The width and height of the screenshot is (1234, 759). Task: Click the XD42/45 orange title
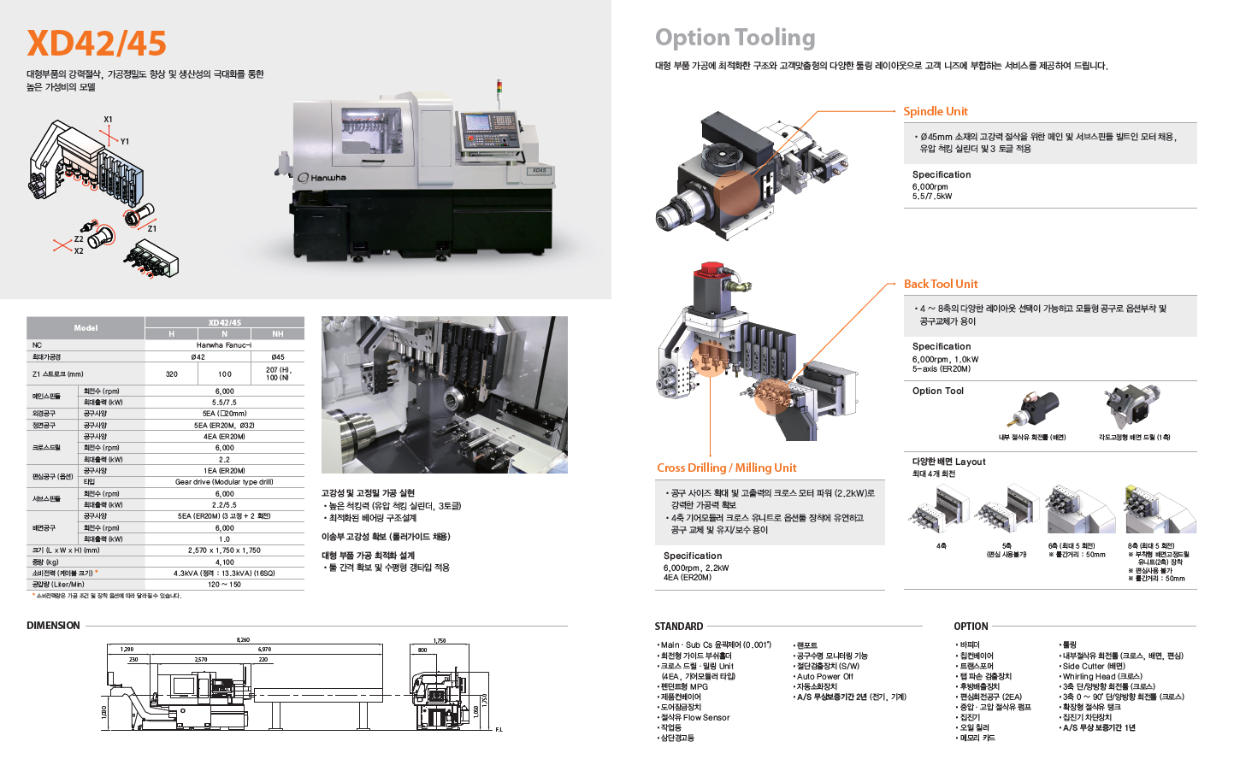tap(97, 44)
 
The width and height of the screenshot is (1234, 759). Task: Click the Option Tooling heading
tap(735, 38)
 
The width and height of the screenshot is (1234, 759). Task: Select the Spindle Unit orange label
tap(935, 111)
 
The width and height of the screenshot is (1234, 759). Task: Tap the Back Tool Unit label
tap(940, 284)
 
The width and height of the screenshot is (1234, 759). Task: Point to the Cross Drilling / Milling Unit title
tap(726, 468)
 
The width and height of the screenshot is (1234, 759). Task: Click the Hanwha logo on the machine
tap(322, 178)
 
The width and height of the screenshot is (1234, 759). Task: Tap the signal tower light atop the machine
tap(500, 88)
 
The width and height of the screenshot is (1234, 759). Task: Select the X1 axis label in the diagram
tap(108, 120)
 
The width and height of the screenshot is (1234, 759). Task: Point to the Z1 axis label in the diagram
tap(151, 228)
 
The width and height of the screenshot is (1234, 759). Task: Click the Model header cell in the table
tap(86, 328)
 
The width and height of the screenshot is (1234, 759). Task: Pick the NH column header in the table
tap(278, 334)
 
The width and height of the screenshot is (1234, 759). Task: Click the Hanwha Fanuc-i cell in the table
tap(224, 345)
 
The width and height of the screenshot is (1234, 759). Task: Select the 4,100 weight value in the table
tap(224, 562)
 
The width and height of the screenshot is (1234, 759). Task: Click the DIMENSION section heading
tap(53, 626)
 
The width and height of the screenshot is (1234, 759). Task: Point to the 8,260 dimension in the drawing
tap(243, 640)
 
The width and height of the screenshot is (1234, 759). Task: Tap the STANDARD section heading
tap(678, 627)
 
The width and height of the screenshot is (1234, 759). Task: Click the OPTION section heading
tap(971, 627)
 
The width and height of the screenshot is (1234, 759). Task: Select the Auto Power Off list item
tap(824, 676)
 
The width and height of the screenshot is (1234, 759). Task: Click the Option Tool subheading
tap(937, 391)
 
